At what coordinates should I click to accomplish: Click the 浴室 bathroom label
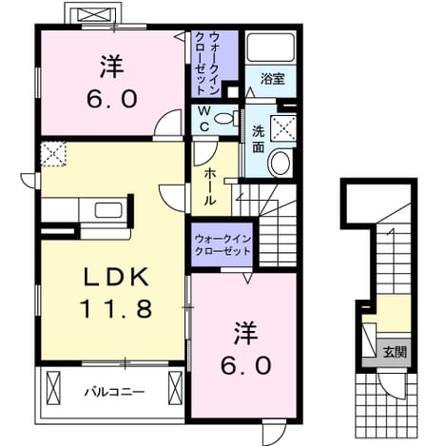[x=272, y=79]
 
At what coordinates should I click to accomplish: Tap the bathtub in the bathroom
[x=271, y=48]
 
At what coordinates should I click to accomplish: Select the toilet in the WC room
[x=226, y=119]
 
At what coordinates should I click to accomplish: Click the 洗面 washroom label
[x=259, y=140]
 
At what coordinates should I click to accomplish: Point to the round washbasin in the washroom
[x=281, y=163]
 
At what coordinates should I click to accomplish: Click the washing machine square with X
[x=283, y=128]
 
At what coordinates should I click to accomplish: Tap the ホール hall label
[x=209, y=186]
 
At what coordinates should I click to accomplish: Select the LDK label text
[x=116, y=278]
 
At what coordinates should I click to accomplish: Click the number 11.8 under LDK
[x=116, y=308]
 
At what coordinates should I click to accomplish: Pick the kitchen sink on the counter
[x=108, y=210]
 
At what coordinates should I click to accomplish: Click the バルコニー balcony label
[x=114, y=393]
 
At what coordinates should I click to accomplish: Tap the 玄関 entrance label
[x=395, y=352]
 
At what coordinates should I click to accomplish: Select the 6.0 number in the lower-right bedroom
[x=245, y=365]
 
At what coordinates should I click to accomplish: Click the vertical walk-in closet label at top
[x=207, y=63]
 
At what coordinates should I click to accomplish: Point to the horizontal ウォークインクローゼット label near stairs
[x=223, y=245]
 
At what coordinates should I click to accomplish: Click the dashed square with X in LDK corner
[x=53, y=154]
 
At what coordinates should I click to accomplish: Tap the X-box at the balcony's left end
[x=53, y=387]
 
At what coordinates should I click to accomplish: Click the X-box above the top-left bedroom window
[x=92, y=14]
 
